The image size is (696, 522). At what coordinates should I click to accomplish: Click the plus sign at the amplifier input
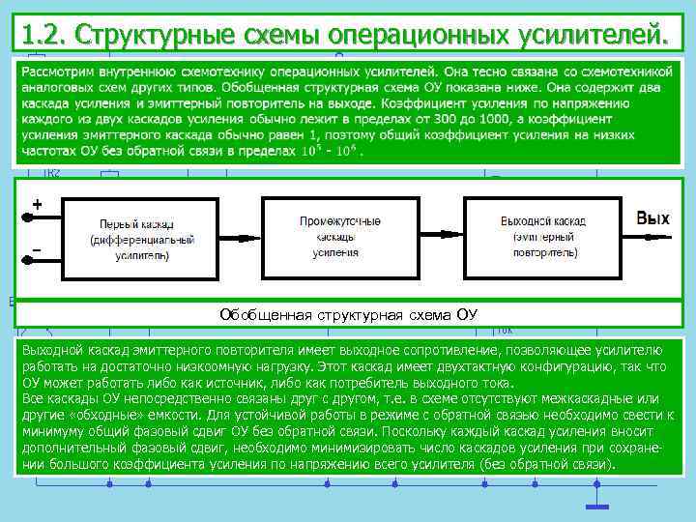(x=37, y=205)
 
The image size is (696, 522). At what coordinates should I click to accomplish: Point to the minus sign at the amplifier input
(x=37, y=250)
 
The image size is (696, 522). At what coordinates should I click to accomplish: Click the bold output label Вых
(x=652, y=218)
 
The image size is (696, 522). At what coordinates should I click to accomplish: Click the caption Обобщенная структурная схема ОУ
(x=348, y=315)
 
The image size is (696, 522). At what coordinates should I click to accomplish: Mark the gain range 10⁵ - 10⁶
(x=329, y=152)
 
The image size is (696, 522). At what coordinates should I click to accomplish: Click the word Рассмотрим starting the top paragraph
(x=61, y=72)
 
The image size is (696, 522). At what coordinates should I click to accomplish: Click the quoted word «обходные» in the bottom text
(x=101, y=415)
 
